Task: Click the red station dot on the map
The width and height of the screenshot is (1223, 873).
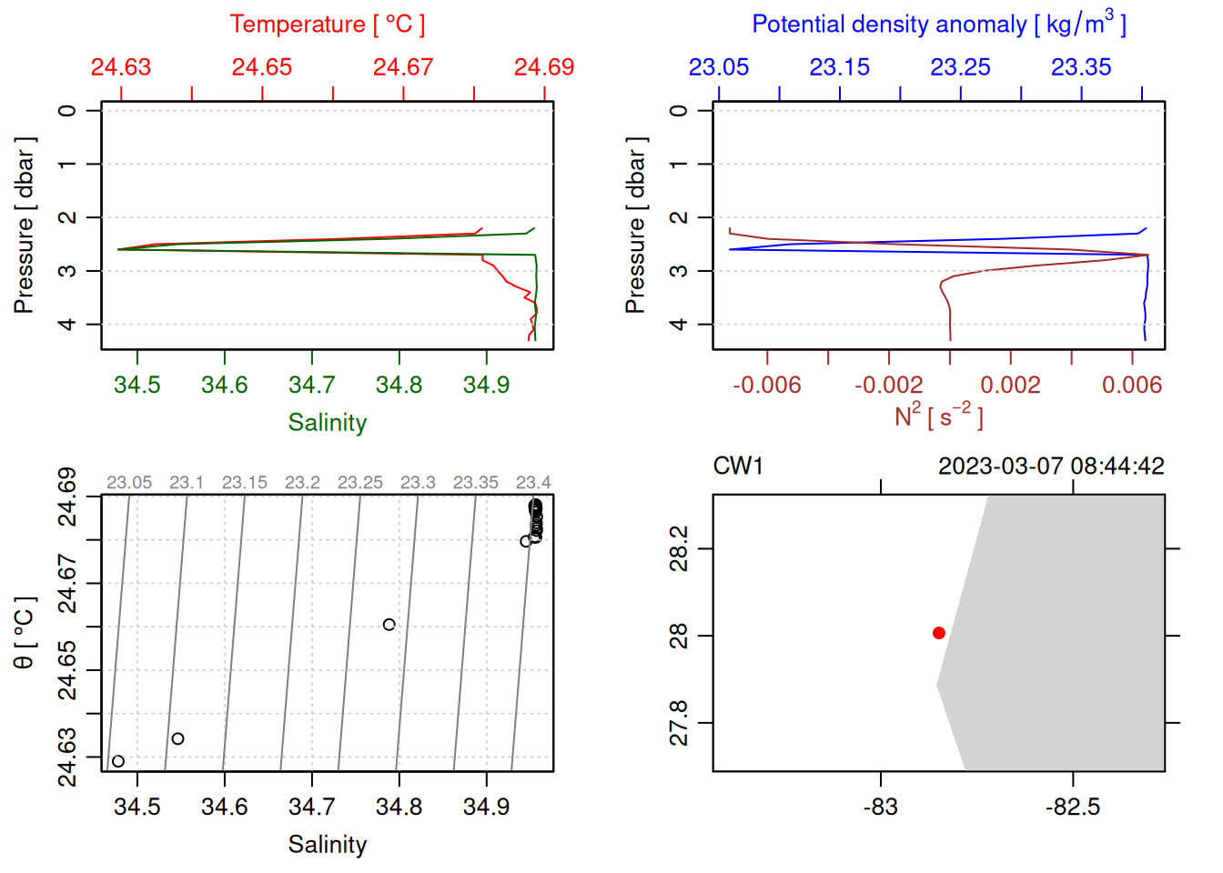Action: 939,633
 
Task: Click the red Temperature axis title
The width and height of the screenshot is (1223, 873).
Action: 327,25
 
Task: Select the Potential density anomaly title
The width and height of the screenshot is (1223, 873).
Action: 938,25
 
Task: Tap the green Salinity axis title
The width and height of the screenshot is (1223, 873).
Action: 327,423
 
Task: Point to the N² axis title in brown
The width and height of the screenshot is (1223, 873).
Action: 938,416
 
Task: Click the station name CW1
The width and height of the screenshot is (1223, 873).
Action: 738,467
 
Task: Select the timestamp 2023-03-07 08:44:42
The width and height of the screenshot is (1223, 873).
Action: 1051,467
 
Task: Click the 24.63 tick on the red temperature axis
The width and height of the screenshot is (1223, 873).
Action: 121,67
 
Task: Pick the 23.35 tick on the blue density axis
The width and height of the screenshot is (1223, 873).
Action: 1081,67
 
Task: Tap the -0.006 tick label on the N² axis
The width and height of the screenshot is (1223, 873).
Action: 767,386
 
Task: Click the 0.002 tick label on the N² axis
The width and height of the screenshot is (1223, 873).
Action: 1010,386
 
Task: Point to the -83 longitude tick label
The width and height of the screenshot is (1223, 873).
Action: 881,808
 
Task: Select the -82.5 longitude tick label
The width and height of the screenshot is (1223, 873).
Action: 1073,808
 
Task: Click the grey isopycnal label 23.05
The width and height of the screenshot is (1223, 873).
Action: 129,483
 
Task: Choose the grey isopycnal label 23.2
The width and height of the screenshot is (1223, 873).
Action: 302,483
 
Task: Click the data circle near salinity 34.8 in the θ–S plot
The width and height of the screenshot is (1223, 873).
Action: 389,625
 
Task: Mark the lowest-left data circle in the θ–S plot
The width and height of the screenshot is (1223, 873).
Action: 118,761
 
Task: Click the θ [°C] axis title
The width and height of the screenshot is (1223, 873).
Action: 25,633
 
